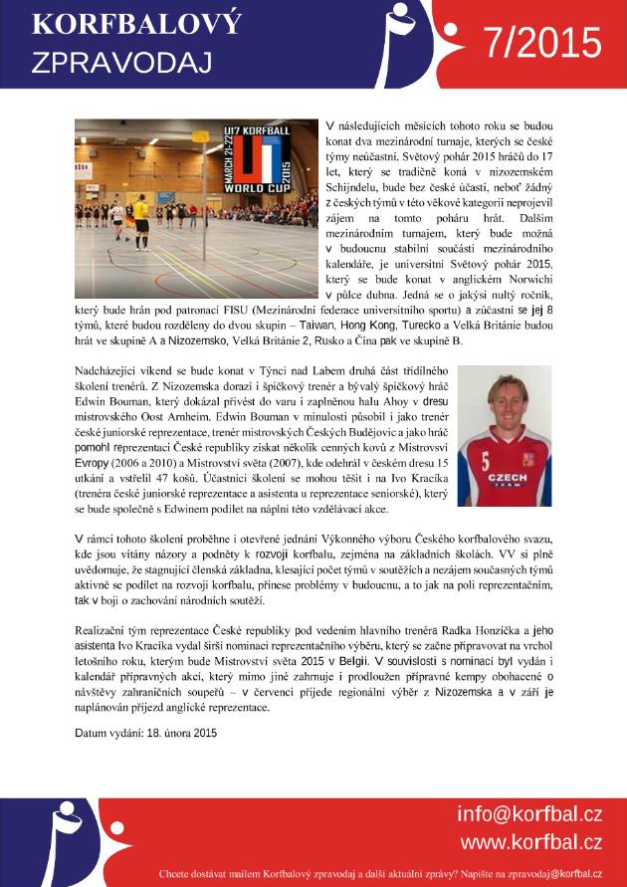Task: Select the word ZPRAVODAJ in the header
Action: coord(121,63)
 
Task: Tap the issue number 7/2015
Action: coord(542,43)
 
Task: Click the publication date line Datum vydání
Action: coord(145,734)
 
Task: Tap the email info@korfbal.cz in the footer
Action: coord(528,814)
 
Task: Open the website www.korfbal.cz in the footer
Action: coord(530,842)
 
